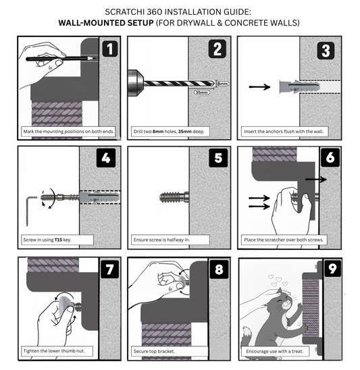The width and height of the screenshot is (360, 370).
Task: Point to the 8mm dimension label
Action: tap(223, 83)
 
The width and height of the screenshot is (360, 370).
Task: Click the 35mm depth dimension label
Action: tap(202, 92)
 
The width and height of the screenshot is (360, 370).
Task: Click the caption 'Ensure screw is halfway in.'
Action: tap(167, 240)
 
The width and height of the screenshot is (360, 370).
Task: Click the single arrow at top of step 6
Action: tap(315, 180)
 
